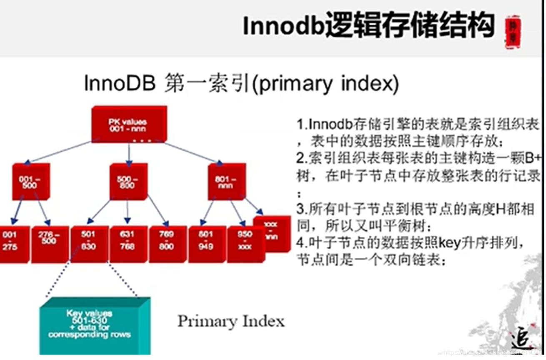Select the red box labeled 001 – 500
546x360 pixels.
[x=30, y=182]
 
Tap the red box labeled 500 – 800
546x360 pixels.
[x=128, y=182]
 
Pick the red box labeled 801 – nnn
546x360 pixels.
[x=226, y=182]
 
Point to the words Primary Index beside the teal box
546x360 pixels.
[x=231, y=321]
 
